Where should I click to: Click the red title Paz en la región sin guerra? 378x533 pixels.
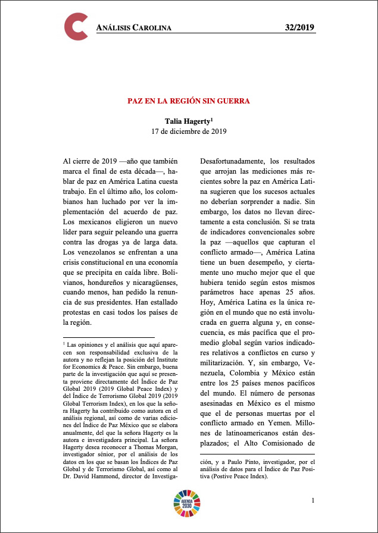[189, 101]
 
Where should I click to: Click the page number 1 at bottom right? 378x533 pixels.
[313, 500]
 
